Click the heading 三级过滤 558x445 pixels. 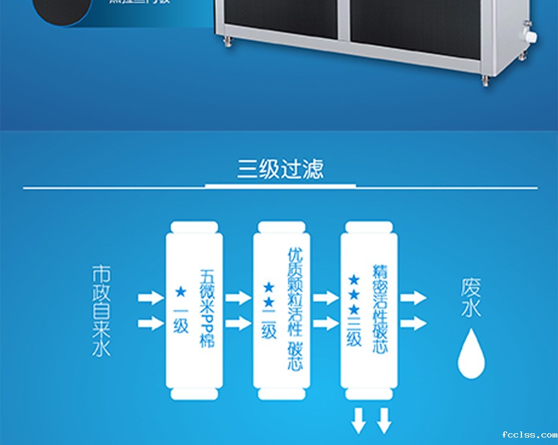[x=280, y=169]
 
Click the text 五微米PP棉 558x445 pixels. [x=207, y=308]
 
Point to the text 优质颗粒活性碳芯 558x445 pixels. [x=295, y=309]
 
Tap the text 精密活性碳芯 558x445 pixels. [x=380, y=308]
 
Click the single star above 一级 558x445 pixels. [x=180, y=290]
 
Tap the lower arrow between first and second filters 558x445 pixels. [x=237, y=323]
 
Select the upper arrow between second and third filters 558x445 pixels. [x=325, y=298]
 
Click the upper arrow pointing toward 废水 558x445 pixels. [x=413, y=298]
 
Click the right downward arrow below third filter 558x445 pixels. [x=384, y=420]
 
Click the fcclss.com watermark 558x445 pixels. [x=529, y=434]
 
